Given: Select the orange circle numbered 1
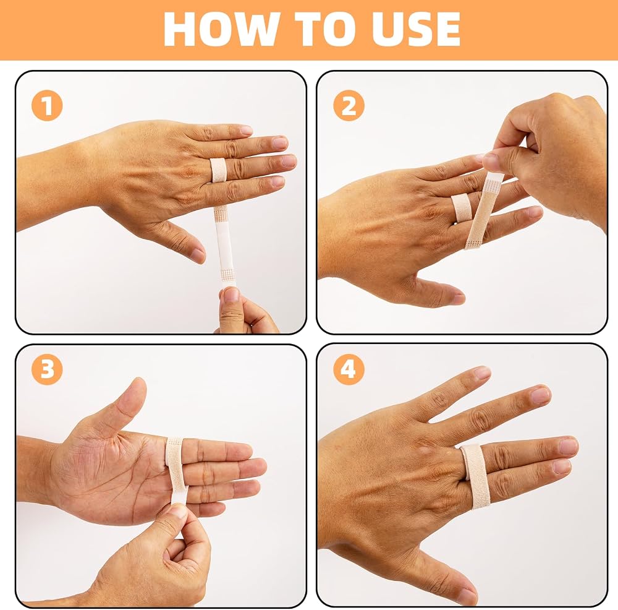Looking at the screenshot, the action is [x=47, y=105].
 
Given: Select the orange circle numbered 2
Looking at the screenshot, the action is [x=349, y=105].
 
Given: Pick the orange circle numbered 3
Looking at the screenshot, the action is [x=47, y=369].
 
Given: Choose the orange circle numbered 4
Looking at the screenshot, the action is [x=349, y=369].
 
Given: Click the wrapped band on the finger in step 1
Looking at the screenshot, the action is [x=218, y=170].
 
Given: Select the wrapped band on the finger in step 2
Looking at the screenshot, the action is [x=460, y=208].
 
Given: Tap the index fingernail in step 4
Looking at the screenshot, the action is [x=482, y=372].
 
